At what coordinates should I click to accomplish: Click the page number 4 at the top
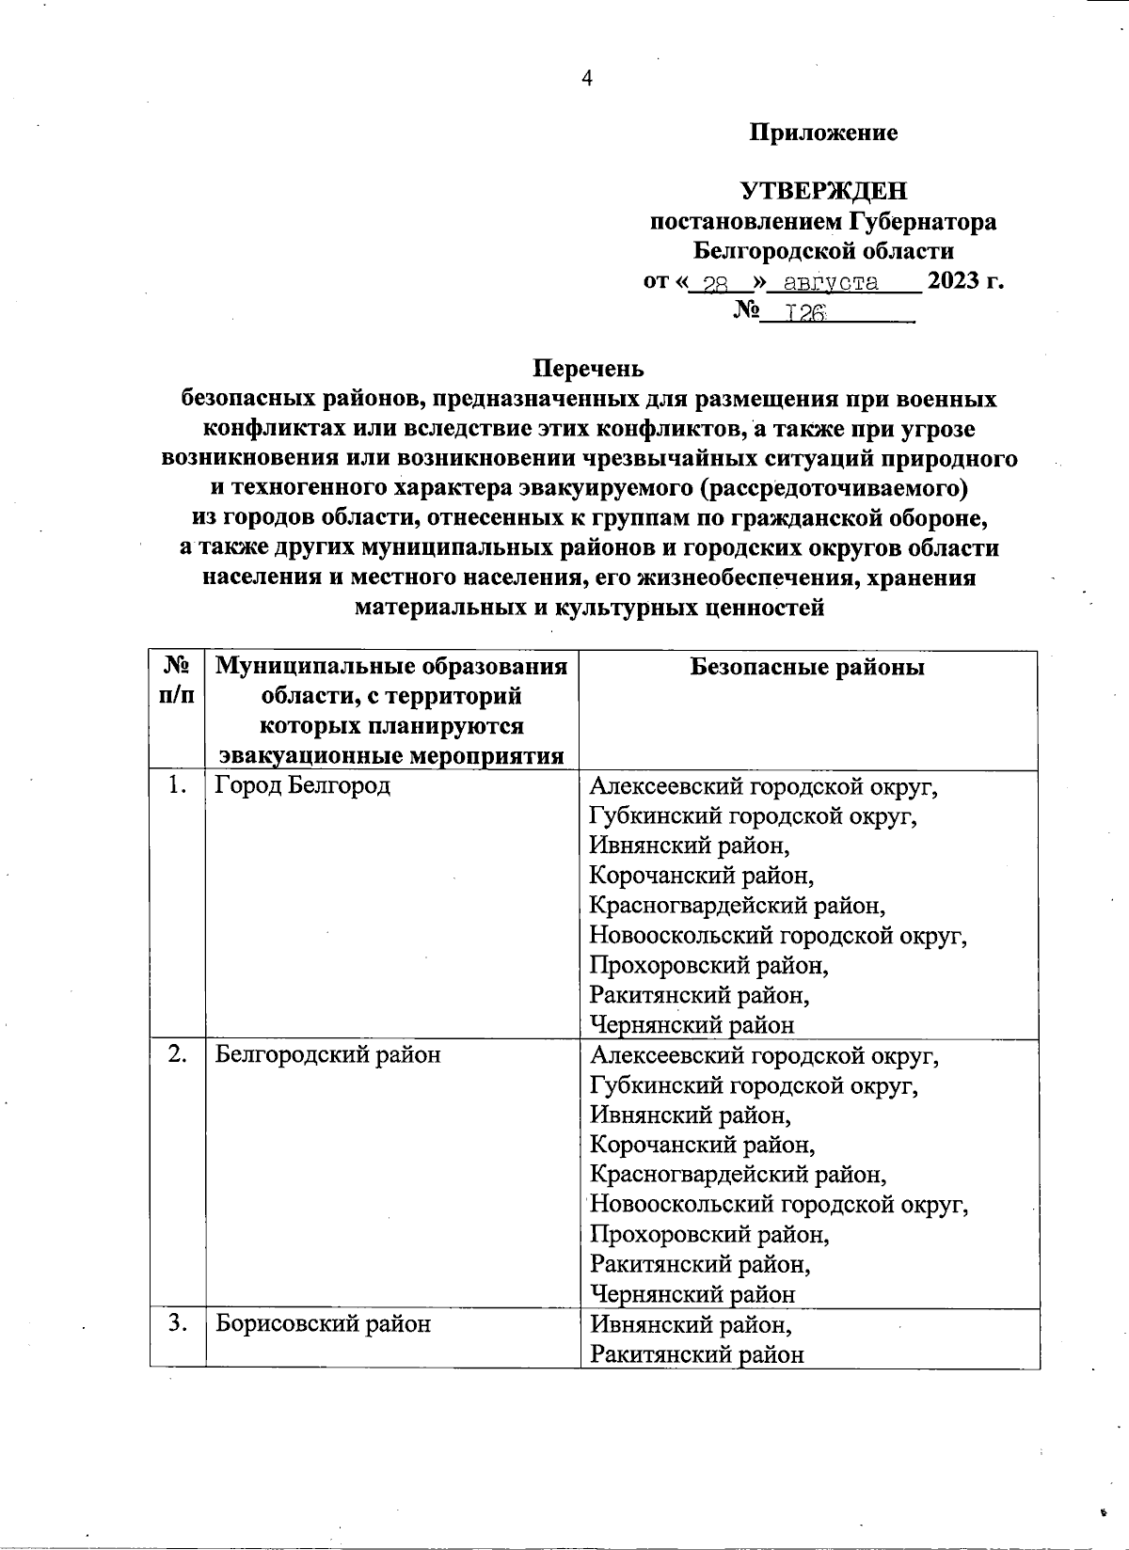(587, 79)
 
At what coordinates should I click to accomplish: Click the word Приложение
(823, 133)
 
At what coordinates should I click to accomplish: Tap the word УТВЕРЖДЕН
(824, 192)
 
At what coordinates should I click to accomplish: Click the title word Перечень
(589, 368)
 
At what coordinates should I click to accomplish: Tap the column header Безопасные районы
(807, 668)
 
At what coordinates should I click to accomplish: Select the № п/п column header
(177, 681)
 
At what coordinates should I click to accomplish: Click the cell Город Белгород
(302, 786)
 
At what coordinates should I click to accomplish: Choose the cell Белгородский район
(327, 1055)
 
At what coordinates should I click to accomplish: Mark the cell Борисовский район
(323, 1324)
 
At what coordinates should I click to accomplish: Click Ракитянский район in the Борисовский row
(696, 1354)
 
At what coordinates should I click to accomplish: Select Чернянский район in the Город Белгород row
(692, 1025)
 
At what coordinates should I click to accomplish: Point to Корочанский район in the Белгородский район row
(702, 1146)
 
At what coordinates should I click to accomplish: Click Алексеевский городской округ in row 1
(763, 786)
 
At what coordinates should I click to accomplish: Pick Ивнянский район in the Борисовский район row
(690, 1324)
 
